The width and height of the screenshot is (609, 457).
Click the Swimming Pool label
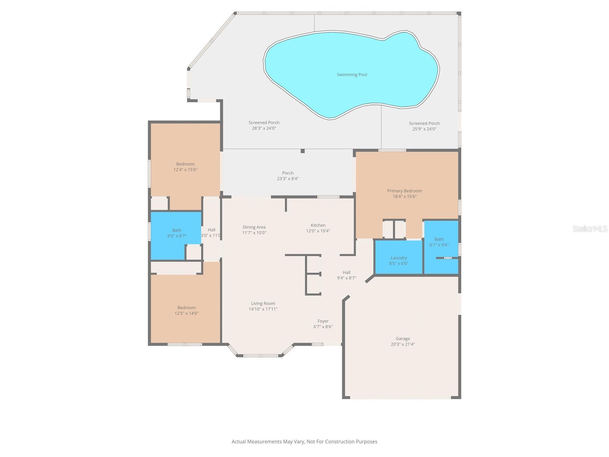click(x=352, y=75)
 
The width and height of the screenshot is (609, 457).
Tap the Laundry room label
click(x=399, y=258)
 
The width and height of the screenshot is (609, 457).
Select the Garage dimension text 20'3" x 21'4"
click(x=403, y=344)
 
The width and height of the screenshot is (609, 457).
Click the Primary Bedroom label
click(x=404, y=191)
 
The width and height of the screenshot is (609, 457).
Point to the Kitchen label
click(x=318, y=225)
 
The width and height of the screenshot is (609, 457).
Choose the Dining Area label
click(x=254, y=227)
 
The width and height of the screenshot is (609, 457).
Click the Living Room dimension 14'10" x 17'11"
click(x=263, y=309)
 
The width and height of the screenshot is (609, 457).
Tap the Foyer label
click(x=323, y=321)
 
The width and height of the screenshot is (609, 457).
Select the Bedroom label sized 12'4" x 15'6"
click(x=185, y=164)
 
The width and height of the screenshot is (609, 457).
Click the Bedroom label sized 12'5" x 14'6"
click(x=187, y=308)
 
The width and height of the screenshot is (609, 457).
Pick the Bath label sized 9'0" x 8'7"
click(x=177, y=230)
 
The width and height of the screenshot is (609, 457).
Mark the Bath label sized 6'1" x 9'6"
click(x=439, y=239)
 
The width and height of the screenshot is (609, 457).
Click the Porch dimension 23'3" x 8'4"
click(x=288, y=179)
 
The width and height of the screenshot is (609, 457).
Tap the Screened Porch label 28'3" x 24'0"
click(x=264, y=123)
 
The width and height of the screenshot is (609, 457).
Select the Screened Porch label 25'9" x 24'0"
click(x=424, y=123)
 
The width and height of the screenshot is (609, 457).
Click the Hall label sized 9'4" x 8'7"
click(x=346, y=272)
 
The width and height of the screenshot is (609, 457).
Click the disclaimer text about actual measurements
click(x=304, y=442)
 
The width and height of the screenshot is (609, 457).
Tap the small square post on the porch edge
click(x=303, y=151)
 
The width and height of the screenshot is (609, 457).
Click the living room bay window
click(x=261, y=356)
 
